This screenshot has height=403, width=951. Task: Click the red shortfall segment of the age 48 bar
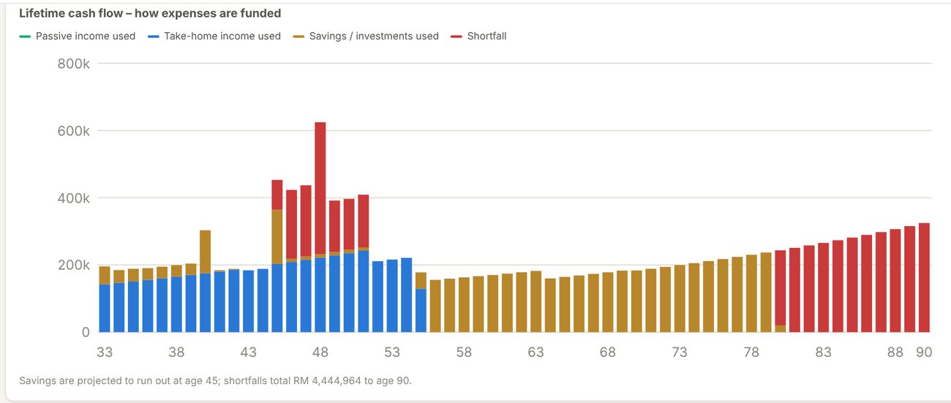(320, 188)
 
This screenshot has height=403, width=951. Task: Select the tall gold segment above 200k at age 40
(205, 252)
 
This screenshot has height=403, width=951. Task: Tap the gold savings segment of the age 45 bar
(277, 237)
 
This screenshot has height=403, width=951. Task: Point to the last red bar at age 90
(924, 278)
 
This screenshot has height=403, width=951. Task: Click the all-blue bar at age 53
(392, 296)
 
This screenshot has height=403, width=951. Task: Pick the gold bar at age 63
(535, 301)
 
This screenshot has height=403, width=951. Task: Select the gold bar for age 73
(680, 298)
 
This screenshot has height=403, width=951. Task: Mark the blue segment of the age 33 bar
(105, 309)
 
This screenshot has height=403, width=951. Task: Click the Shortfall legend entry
(478, 36)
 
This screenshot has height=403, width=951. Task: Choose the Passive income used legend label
(86, 36)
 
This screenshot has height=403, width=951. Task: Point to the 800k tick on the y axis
(73, 64)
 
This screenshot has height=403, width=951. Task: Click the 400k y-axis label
(73, 198)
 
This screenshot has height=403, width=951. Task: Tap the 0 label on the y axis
(86, 332)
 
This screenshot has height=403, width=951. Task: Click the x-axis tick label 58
(464, 352)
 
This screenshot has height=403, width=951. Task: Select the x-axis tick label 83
(823, 352)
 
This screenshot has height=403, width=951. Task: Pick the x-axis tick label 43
(249, 352)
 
